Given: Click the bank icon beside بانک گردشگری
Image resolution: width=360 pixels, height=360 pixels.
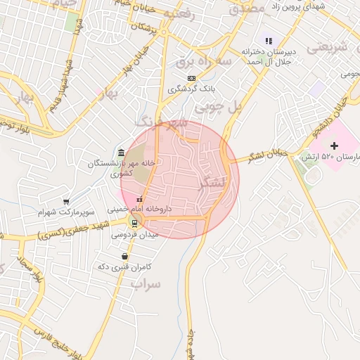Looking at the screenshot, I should [191, 78].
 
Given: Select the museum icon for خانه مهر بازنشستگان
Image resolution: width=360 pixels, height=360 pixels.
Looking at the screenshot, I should [122, 153].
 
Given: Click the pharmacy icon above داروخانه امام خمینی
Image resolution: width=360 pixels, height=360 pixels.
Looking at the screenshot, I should [139, 200].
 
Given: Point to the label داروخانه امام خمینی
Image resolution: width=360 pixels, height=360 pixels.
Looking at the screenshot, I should [139, 210].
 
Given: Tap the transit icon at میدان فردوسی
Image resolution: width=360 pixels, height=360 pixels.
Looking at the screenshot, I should [135, 224].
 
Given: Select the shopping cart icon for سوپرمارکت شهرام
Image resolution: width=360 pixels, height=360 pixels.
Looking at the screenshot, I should [66, 201].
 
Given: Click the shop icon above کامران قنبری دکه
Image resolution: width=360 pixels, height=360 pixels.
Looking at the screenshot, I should [124, 256].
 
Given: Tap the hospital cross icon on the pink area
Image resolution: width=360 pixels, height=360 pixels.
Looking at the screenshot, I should [334, 146].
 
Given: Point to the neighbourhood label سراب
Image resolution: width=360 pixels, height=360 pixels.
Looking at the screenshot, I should [146, 283].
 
